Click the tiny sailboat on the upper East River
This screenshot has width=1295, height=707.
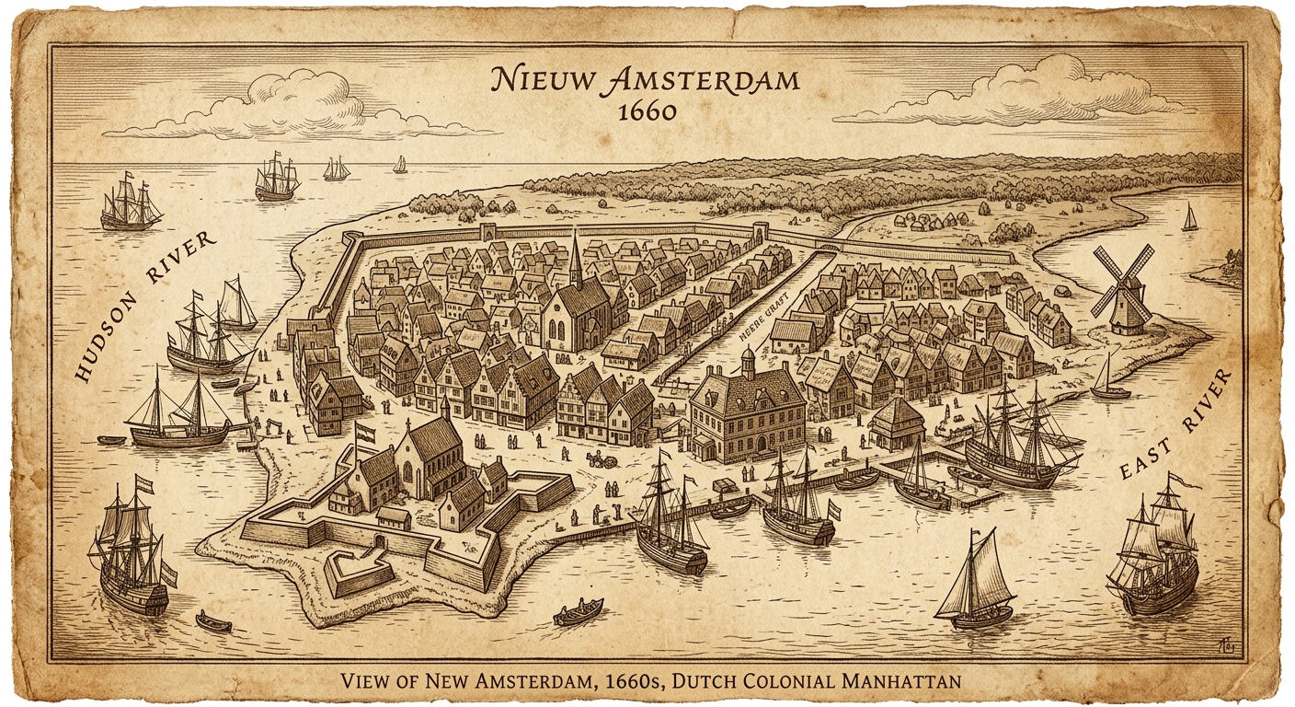[1189, 218]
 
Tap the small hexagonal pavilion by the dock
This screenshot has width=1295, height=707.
[897, 423]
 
